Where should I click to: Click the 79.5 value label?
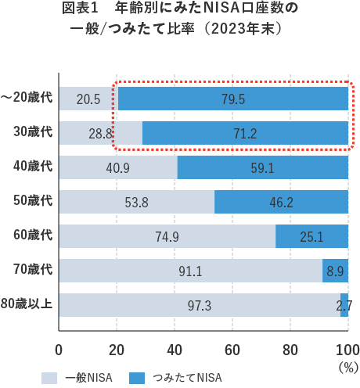point(232,99)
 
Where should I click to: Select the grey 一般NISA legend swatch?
point(50,356)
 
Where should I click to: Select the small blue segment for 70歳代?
point(335,271)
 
